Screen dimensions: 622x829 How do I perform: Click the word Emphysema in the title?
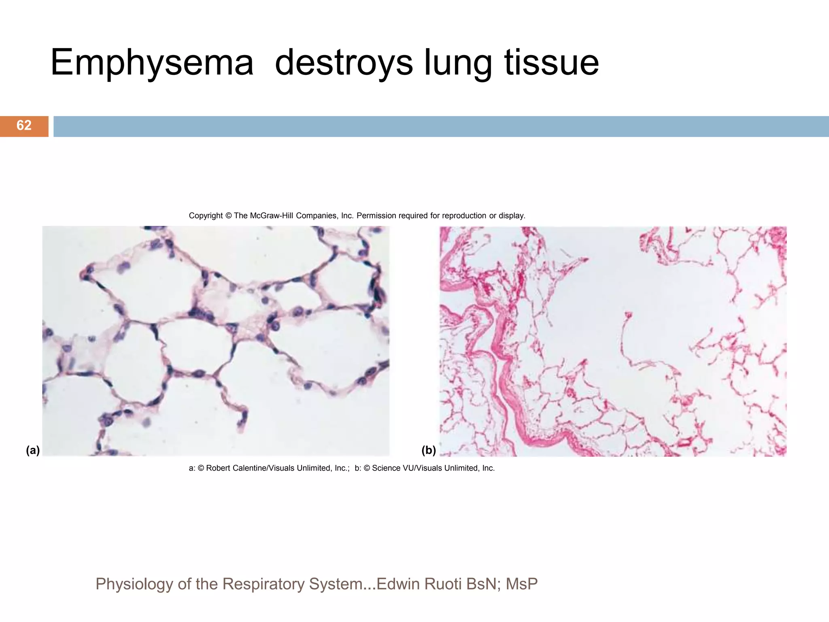(152, 63)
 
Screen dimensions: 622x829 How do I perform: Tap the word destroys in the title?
(344, 63)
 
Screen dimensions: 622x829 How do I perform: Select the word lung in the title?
(458, 63)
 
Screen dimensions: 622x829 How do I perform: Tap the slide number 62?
(24, 126)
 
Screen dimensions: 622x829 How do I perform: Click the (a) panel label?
(33, 450)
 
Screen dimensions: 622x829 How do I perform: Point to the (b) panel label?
(429, 450)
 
